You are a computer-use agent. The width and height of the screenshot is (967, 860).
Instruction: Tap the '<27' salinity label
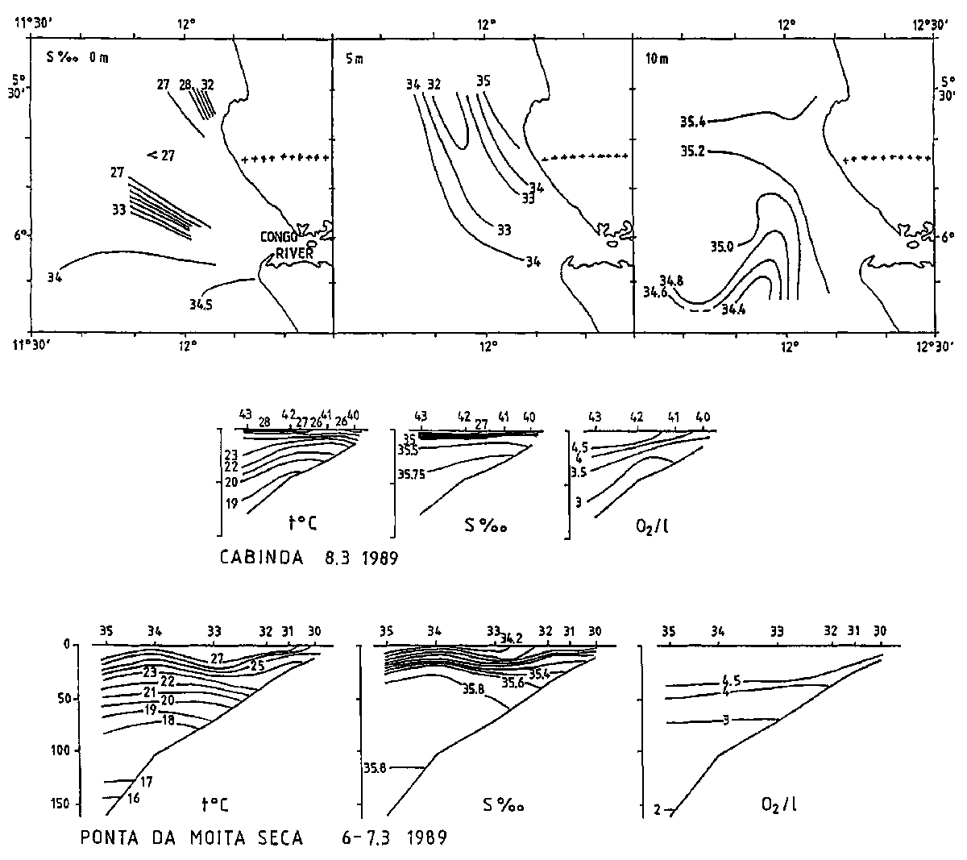(x=161, y=156)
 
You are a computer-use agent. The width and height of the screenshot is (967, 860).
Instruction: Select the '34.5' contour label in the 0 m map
(x=201, y=304)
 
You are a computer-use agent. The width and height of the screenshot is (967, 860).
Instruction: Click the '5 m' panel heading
(x=355, y=59)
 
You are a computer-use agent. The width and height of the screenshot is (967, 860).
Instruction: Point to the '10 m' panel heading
(x=657, y=59)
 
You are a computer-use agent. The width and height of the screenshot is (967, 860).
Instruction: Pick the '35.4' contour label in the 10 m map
(x=693, y=122)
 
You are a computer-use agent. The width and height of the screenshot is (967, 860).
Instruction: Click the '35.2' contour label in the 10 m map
(x=693, y=152)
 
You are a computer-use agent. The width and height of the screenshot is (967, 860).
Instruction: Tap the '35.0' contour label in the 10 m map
(x=722, y=247)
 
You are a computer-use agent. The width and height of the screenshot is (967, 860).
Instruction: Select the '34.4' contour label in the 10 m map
(x=733, y=310)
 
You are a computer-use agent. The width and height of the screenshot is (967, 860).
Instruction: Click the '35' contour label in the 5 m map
(x=483, y=81)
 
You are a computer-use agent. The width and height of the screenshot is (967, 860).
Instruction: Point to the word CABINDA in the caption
(x=262, y=558)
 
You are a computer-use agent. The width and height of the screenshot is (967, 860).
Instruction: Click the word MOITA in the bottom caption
(x=217, y=838)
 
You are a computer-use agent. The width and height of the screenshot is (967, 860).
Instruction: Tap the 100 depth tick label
(x=60, y=750)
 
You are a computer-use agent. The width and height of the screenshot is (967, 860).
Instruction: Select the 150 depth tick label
(x=60, y=803)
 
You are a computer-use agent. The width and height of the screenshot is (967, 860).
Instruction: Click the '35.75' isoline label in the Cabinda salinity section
(x=411, y=475)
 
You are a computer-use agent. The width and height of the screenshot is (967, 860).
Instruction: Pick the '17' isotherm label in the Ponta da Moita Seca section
(x=146, y=782)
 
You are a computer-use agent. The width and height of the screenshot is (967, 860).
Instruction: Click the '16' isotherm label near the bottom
(x=133, y=798)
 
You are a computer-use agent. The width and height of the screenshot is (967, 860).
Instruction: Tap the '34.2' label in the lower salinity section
(x=511, y=638)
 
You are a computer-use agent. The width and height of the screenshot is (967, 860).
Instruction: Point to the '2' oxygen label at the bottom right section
(x=657, y=810)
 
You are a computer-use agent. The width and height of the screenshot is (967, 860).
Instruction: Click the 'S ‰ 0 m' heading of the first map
(x=77, y=57)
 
